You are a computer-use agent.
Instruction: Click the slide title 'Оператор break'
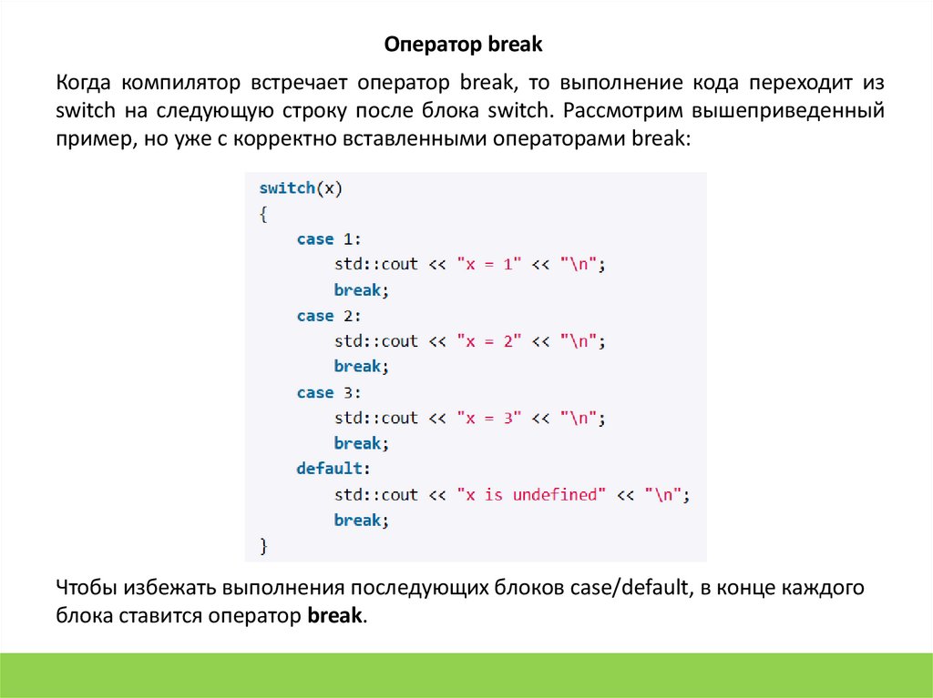463,44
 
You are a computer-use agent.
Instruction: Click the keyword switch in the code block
287,188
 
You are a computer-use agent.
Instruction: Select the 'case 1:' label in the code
329,239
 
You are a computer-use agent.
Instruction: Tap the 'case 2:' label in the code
329,316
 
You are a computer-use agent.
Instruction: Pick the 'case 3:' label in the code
329,393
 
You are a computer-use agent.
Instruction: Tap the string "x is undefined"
531,495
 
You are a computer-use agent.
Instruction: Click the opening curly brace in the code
263,214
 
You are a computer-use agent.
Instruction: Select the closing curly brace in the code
263,546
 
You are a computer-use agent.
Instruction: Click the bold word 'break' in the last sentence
335,614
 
